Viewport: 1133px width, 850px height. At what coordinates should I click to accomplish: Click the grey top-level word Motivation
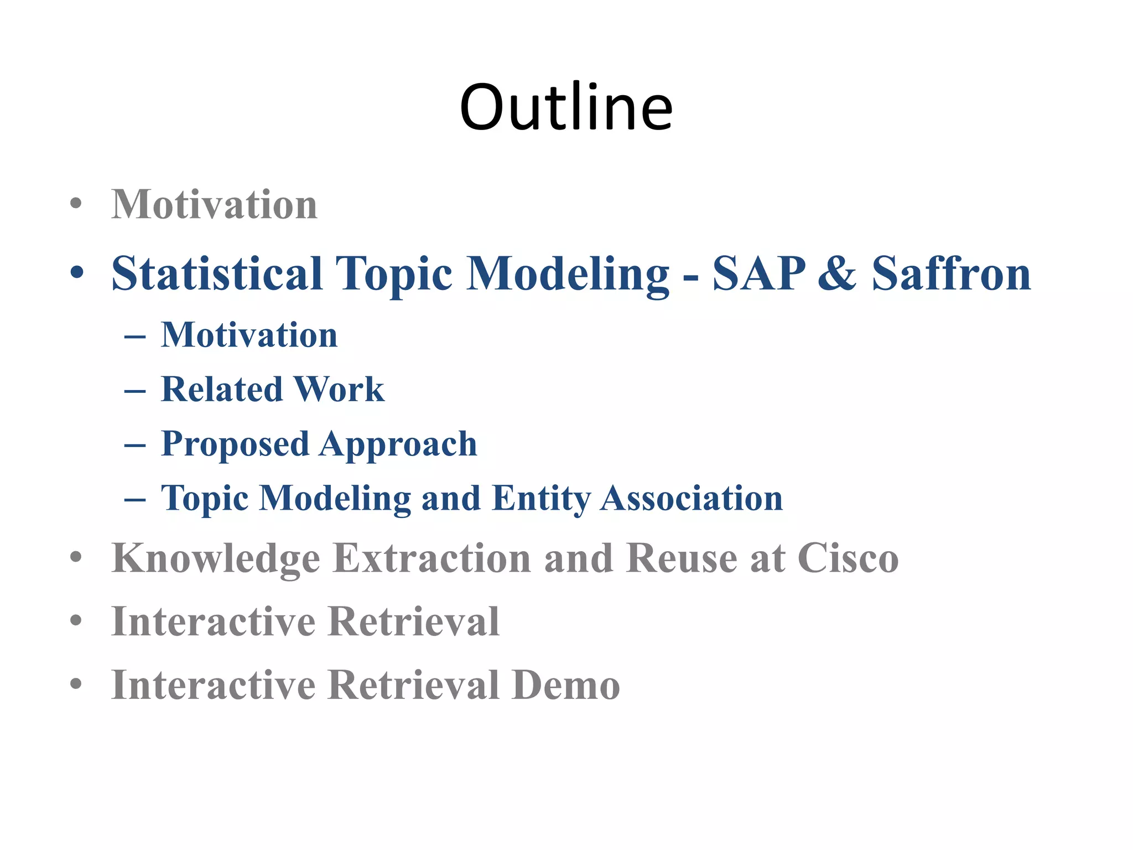click(215, 205)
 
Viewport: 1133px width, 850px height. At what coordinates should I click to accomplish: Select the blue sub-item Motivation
click(249, 335)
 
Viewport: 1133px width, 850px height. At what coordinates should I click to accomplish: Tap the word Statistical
click(217, 273)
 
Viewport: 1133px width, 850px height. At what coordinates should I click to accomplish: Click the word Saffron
click(952, 273)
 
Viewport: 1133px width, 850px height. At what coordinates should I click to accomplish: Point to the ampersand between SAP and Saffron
click(838, 273)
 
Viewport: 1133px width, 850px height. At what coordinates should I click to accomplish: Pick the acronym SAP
click(759, 273)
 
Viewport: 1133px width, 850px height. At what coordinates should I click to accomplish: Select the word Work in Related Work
click(339, 389)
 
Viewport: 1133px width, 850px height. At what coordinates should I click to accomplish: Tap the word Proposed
click(235, 444)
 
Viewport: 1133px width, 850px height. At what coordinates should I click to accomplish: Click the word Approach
click(398, 444)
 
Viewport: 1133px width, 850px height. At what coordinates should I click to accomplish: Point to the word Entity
click(541, 499)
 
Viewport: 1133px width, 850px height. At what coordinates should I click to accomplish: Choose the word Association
click(692, 499)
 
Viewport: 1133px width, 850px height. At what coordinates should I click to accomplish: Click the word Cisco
click(848, 558)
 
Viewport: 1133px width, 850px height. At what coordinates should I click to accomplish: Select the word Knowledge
click(216, 558)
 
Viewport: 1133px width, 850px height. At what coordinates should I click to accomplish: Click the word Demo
click(565, 685)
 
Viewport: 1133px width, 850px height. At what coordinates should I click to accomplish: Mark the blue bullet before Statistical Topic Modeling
click(77, 273)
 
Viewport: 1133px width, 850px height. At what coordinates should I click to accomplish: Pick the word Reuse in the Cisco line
click(682, 558)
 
